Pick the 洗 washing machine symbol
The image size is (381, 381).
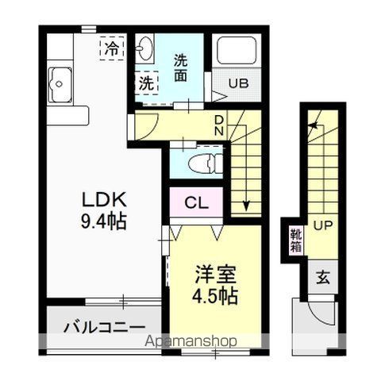[146, 82]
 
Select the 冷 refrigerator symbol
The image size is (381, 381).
[112, 48]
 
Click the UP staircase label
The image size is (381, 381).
[321, 225]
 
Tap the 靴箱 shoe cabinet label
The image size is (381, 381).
[295, 240]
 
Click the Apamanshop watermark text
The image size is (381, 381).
[190, 342]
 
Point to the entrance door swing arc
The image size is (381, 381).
[328, 314]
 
